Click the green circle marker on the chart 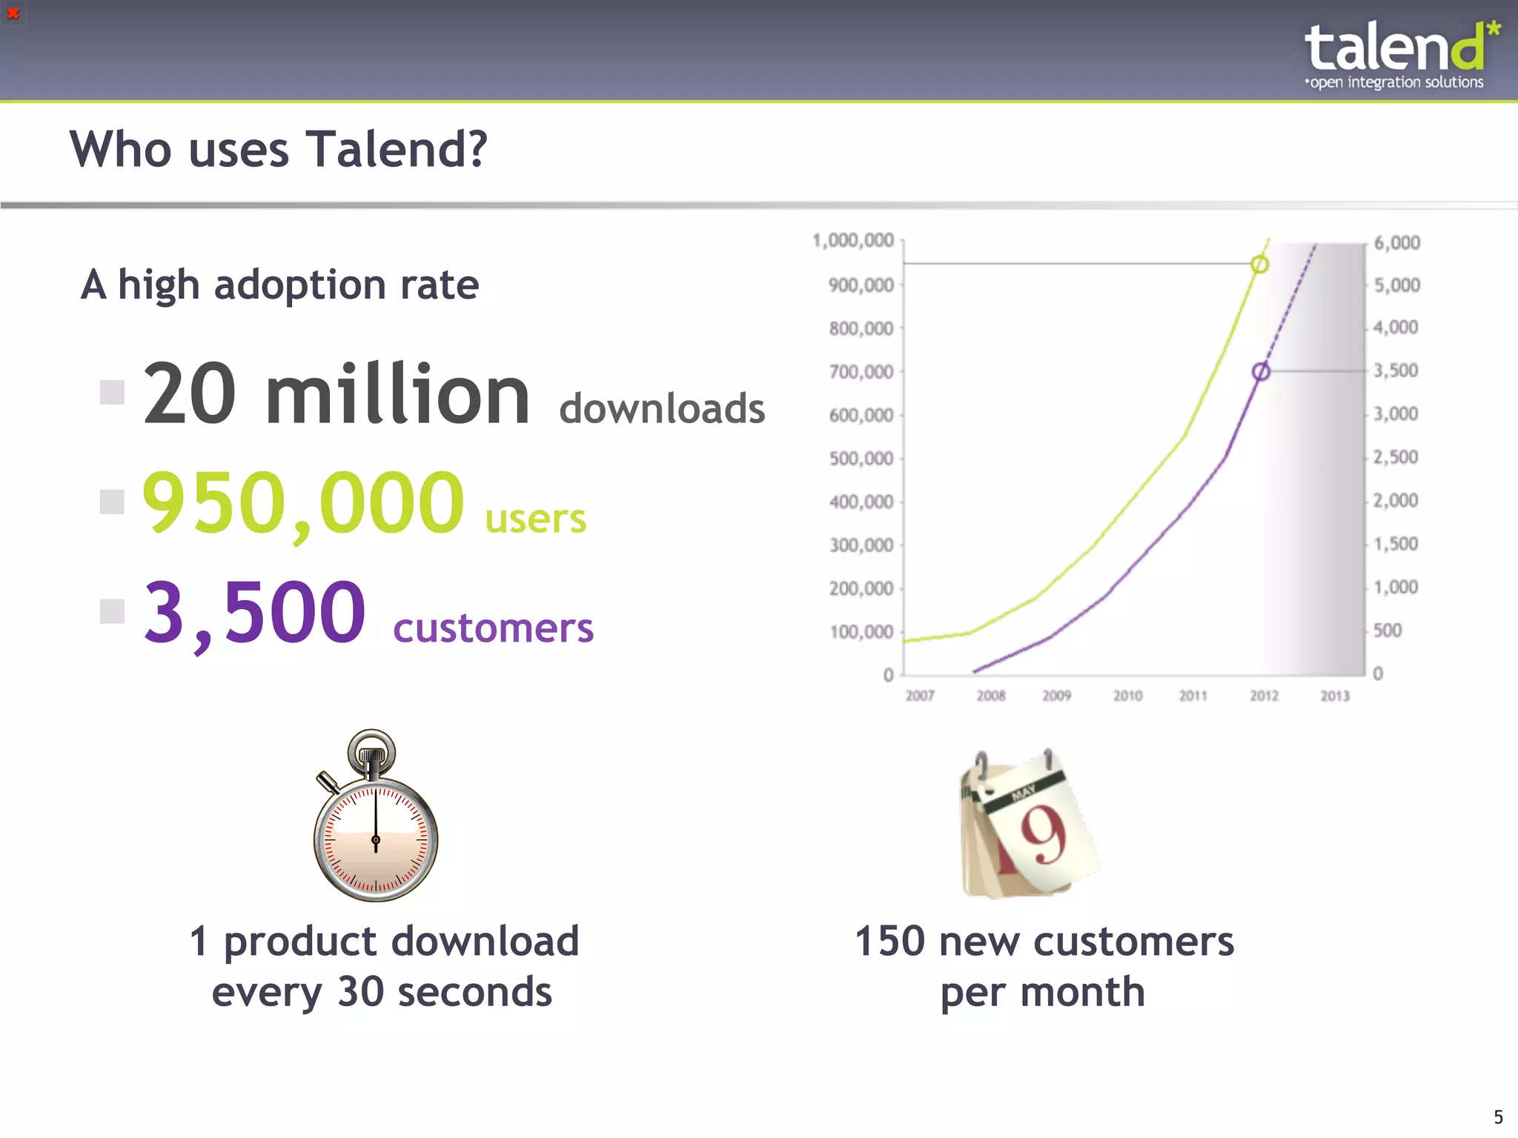click(1259, 264)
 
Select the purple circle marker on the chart click(1261, 371)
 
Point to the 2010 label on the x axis click(1127, 696)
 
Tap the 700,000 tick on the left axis click(861, 372)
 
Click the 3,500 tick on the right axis click(1396, 370)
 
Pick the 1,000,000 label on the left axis click(853, 241)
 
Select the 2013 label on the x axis click(1335, 696)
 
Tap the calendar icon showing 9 click(1029, 824)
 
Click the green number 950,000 click(303, 503)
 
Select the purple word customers click(493, 628)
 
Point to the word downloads click(662, 409)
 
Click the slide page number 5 click(1498, 1117)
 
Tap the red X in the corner click(13, 13)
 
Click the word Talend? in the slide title click(397, 150)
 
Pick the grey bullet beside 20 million click(112, 392)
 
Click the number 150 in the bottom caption click(889, 942)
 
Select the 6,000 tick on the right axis click(1397, 243)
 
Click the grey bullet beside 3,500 click(112, 611)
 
